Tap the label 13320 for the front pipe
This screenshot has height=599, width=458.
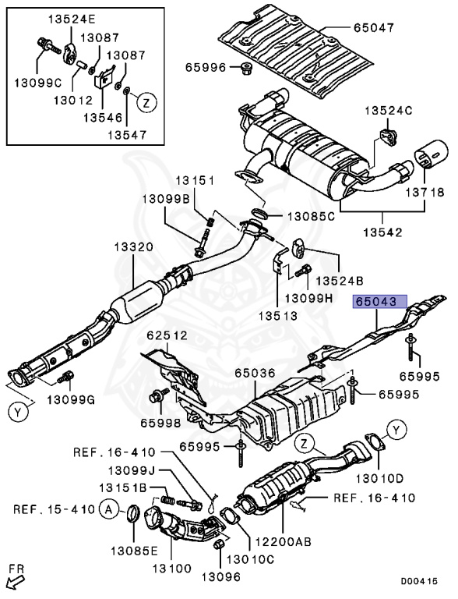coord(133,246)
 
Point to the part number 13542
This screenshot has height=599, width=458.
coord(382,232)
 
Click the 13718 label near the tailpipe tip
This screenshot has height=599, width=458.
coord(424,192)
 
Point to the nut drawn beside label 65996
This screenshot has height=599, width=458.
coord(242,68)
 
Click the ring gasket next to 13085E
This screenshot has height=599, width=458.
coord(132,513)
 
